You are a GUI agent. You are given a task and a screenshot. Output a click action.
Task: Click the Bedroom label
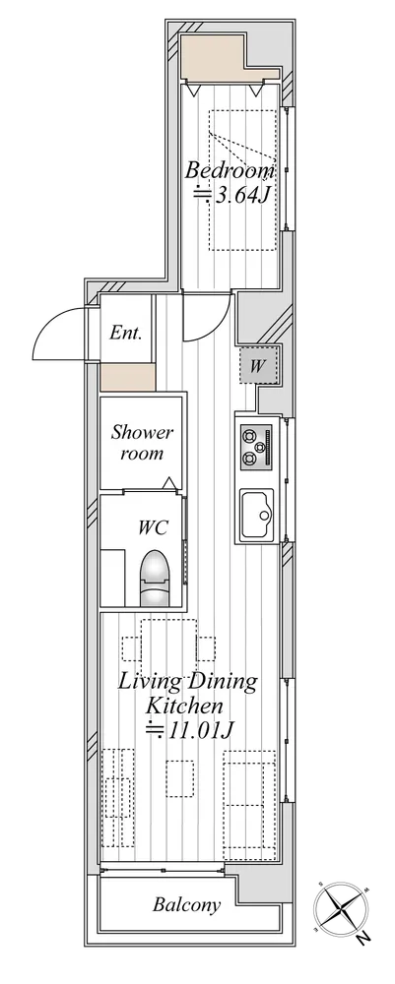coord(230,169)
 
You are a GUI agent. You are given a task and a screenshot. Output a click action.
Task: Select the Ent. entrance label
coord(126,332)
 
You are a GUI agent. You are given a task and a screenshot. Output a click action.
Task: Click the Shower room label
coord(142,443)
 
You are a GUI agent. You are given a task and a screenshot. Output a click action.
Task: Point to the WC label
coord(154,527)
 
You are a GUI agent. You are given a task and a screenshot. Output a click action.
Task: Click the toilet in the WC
coord(155,578)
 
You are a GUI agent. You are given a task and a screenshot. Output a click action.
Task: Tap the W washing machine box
coord(257,366)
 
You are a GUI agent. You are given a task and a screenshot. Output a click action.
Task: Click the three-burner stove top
coord(256,446)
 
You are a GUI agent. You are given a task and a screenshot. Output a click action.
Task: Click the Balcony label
coord(187,905)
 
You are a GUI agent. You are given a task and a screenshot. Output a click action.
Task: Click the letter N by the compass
coord(362,939)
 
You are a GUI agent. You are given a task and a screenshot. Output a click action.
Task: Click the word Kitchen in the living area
coord(184,706)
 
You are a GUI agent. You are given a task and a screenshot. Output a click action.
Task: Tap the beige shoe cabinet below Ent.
coord(127,377)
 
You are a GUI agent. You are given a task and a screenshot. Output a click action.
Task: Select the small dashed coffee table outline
coord(180,778)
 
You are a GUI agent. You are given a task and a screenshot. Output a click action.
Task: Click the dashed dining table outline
coord(168,648)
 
